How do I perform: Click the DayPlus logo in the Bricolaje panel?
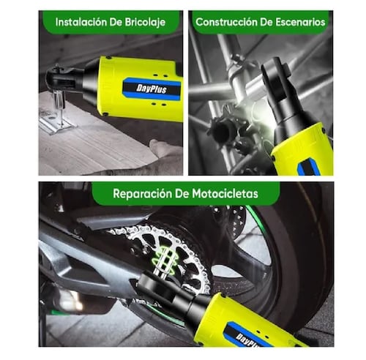(x=152, y=88)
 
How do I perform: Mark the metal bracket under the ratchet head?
(x=55, y=117)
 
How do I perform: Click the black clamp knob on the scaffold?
(x=220, y=132)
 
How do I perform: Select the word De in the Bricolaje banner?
(x=118, y=21)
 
